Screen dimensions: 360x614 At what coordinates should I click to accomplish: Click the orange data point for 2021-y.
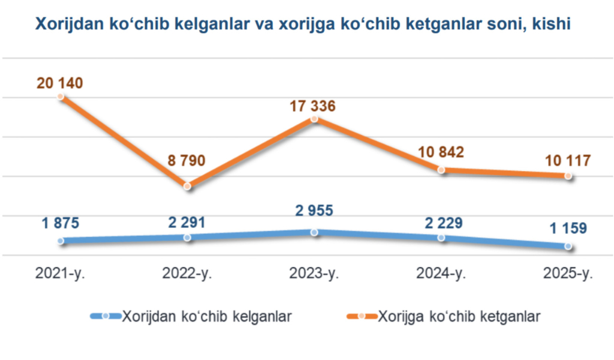pyautogui.click(x=61, y=97)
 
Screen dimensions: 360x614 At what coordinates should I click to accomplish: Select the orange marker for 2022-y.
pyautogui.click(x=187, y=186)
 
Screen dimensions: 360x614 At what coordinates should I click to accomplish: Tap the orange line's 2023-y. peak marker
pyautogui.click(x=314, y=119)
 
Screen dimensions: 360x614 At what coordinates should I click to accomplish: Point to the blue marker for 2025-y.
pyautogui.click(x=568, y=246)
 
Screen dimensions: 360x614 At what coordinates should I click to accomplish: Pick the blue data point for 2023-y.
pyautogui.click(x=314, y=232)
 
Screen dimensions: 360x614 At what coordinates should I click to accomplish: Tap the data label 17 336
pyautogui.click(x=312, y=106)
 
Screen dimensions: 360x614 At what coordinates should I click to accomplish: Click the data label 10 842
pyautogui.click(x=442, y=152)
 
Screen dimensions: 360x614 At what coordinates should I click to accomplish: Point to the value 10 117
pyautogui.click(x=568, y=161)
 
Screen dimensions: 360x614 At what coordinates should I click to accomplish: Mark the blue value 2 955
pyautogui.click(x=314, y=211)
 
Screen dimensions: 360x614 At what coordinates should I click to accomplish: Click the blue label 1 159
pyautogui.click(x=567, y=228)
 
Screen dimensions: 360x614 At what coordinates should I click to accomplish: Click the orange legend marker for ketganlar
pyautogui.click(x=361, y=316)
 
